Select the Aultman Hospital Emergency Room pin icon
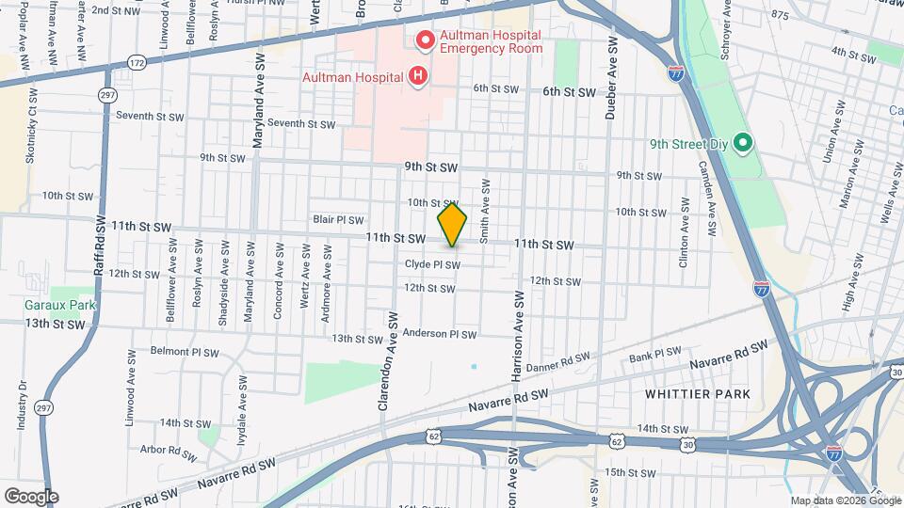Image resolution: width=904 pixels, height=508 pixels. [x=425, y=40]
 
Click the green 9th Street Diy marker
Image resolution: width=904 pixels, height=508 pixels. [x=742, y=144]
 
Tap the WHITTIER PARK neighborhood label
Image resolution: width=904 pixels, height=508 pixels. [x=698, y=394]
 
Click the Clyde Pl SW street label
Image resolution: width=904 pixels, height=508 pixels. [x=432, y=264]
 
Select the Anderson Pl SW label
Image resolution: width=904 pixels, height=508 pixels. [x=439, y=333]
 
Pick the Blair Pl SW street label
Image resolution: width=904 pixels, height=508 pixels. [x=338, y=219]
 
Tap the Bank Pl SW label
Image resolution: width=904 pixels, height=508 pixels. [x=654, y=353]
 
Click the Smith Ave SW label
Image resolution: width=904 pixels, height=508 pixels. [x=484, y=213]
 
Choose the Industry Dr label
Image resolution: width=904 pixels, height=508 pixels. [x=21, y=405]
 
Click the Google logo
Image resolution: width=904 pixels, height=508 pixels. [x=31, y=496]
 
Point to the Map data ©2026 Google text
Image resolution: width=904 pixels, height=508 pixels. [x=845, y=500]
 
